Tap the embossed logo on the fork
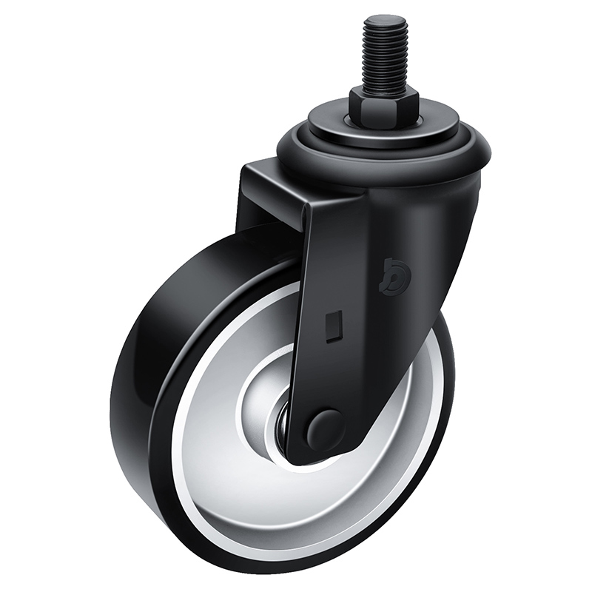(395, 269)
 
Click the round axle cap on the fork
(326, 430)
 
